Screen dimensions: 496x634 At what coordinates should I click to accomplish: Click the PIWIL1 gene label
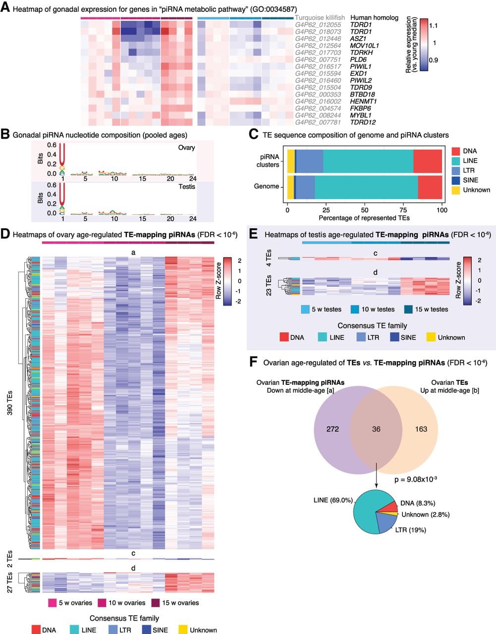coord(361,66)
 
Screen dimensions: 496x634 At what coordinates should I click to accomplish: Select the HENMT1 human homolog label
coord(363,102)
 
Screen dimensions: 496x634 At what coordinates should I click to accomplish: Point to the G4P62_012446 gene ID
coord(318,39)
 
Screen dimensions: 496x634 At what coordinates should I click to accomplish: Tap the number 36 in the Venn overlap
coord(376,429)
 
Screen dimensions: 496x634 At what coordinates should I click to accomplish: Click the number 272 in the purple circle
coord(332,429)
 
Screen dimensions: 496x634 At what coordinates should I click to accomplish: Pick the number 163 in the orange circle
coord(421,429)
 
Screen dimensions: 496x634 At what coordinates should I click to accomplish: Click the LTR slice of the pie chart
coord(385,523)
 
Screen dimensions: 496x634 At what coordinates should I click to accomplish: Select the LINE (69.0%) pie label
coord(333,500)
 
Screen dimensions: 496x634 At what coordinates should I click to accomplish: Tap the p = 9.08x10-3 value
coord(416,479)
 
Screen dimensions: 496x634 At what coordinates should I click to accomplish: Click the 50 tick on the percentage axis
coord(364,210)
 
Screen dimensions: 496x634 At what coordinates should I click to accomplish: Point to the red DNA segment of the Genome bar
coord(430,187)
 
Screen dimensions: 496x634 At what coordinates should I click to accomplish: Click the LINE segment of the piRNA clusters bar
coord(368,161)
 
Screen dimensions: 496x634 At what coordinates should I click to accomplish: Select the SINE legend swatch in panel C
coord(456,180)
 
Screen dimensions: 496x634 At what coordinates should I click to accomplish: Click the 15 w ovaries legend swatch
coord(156,603)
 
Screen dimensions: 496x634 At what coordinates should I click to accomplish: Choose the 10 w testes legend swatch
coord(355,310)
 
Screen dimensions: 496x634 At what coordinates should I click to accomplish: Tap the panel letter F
coord(254,363)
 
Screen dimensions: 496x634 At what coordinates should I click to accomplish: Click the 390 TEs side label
coord(9,403)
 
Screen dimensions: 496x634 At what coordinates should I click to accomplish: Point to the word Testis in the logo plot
coord(187,186)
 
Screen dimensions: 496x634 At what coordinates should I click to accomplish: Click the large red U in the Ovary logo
coord(62,155)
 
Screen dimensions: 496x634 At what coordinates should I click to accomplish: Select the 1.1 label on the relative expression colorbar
coord(433,26)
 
